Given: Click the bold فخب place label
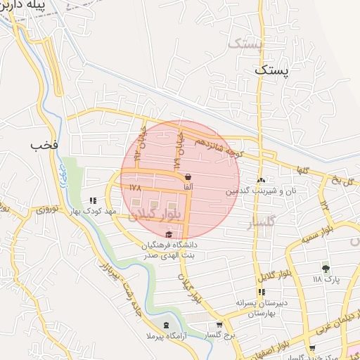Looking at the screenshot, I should pyautogui.click(x=42, y=145).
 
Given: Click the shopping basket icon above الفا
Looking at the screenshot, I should pyautogui.click(x=188, y=176).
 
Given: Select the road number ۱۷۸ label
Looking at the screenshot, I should pyautogui.click(x=135, y=188).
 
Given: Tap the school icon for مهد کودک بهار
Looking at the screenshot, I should pyautogui.click(x=94, y=200).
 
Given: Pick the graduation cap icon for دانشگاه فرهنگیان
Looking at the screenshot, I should pyautogui.click(x=168, y=234).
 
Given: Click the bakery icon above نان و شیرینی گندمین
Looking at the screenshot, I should pyautogui.click(x=261, y=180).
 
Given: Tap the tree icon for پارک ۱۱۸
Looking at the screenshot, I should pyautogui.click(x=325, y=268).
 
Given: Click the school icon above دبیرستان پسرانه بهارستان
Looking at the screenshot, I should pyautogui.click(x=262, y=292).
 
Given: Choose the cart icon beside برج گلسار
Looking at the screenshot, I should pyautogui.click(x=219, y=324).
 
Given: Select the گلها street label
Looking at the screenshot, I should pyautogui.click(x=302, y=169).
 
